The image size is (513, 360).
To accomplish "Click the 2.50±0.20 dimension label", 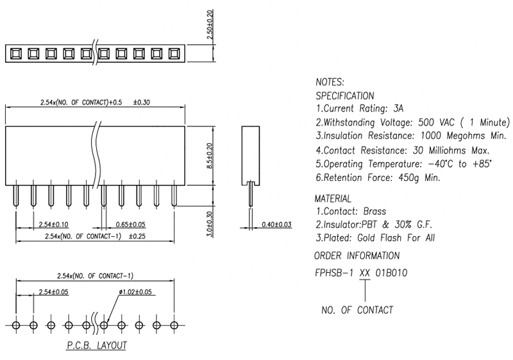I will [x=210, y=25].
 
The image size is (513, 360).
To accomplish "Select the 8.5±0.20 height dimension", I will [x=210, y=155].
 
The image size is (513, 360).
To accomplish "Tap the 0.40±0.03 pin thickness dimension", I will [x=277, y=225].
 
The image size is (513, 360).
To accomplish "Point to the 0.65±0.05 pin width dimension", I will [x=131, y=225].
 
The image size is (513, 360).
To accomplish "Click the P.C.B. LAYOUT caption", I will [x=97, y=345].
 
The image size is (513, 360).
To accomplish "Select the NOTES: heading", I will [x=330, y=83].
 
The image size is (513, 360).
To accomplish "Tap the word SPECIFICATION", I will [x=345, y=96].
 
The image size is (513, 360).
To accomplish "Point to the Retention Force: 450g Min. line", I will [x=378, y=178].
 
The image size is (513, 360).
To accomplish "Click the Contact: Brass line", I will [x=351, y=211].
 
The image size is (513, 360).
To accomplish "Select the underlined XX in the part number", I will [x=365, y=272].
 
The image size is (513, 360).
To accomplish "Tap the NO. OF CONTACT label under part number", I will [x=357, y=310].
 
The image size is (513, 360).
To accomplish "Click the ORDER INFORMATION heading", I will [x=357, y=255].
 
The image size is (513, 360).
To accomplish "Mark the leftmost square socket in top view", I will [x=15, y=53].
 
